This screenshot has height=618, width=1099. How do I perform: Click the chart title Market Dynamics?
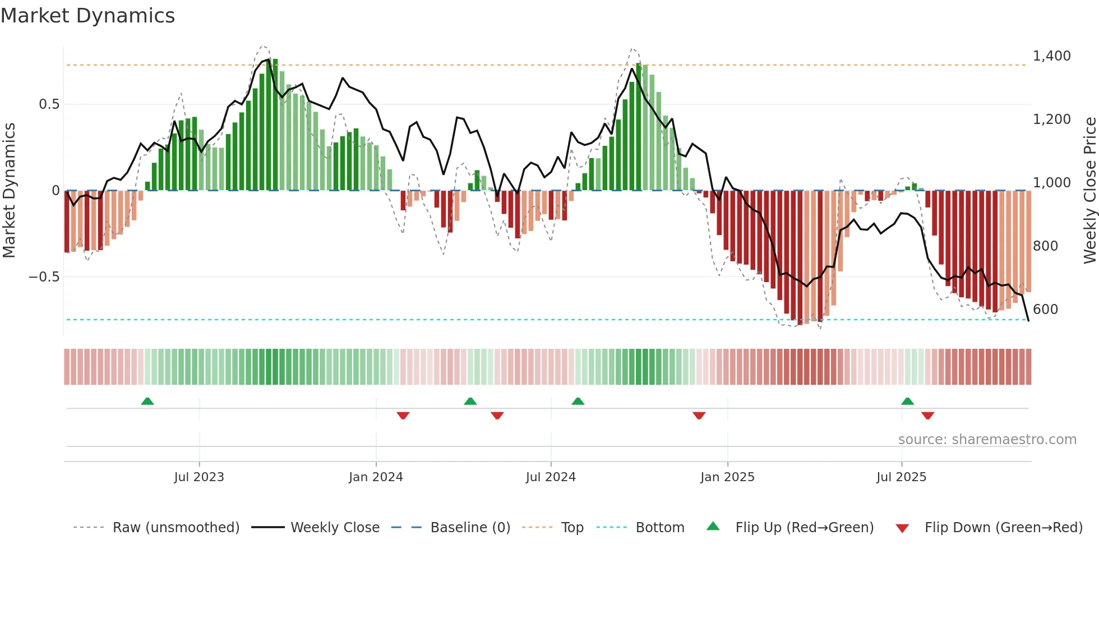[x=87, y=16]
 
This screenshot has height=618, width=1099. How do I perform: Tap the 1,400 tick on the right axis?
[x=1051, y=56]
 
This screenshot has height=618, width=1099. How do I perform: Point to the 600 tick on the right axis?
[x=1045, y=310]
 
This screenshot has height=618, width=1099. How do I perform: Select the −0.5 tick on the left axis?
[x=44, y=277]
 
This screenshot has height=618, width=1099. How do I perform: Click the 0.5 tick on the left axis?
[x=49, y=104]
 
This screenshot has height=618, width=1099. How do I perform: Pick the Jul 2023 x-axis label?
[x=199, y=477]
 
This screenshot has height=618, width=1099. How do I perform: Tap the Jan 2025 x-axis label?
[x=727, y=477]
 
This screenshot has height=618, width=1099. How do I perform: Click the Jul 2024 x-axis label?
[x=551, y=477]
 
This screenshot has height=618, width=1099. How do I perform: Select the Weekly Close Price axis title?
[x=1089, y=190]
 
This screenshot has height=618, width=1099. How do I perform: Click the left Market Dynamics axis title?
[x=9, y=190]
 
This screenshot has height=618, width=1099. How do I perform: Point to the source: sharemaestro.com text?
[x=987, y=440]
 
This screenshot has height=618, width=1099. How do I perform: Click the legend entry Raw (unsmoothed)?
[x=176, y=528]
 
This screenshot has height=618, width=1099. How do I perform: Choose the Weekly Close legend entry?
[x=335, y=528]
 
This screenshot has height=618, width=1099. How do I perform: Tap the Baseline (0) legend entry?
[x=470, y=528]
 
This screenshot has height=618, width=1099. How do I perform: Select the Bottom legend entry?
[x=659, y=528]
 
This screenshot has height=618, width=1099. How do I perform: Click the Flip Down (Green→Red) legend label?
[x=1003, y=528]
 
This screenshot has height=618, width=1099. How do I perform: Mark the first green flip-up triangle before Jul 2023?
[x=147, y=402]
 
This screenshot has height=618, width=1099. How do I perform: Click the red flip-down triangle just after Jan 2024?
[x=403, y=416]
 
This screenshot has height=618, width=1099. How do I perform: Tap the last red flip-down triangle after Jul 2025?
[x=927, y=416]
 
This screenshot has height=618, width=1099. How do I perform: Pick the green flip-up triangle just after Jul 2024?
[x=578, y=402]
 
